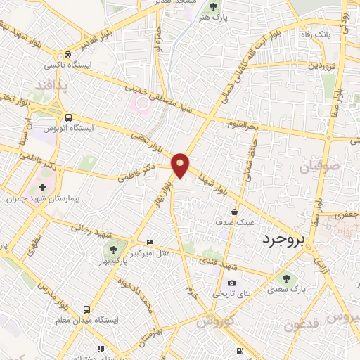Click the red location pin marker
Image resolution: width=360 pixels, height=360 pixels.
[x=181, y=165]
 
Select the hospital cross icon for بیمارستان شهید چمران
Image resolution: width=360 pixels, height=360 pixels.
[x=43, y=188]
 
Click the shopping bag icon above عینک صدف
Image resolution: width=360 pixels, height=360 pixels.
[x=233, y=211]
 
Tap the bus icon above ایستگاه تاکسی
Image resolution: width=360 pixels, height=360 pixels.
[x=67, y=54]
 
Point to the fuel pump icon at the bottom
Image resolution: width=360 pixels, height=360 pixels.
[x=241, y=351]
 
